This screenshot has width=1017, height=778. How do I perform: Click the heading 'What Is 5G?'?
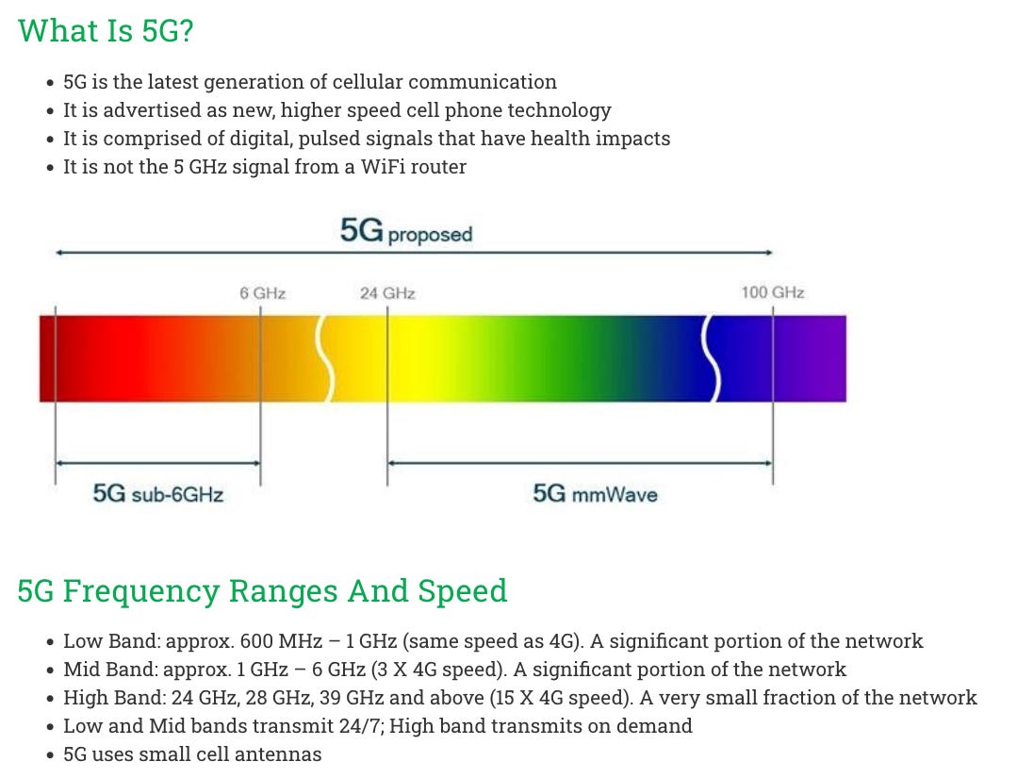[x=106, y=30]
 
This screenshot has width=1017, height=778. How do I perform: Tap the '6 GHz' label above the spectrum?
[x=262, y=293]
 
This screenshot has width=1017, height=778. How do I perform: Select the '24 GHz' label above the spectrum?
[x=387, y=293]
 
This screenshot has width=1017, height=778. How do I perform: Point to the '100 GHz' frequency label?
[x=773, y=292]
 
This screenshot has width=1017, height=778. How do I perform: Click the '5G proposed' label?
[x=406, y=232]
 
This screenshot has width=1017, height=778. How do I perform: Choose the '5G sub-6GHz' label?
[x=158, y=493]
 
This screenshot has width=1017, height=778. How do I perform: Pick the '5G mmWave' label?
[x=596, y=493]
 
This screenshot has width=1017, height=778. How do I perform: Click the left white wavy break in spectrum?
[x=326, y=358]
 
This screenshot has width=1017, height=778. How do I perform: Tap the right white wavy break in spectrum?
[x=714, y=358]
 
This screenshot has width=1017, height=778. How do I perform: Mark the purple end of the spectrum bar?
[x=825, y=358]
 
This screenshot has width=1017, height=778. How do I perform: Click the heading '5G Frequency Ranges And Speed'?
[x=262, y=591]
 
